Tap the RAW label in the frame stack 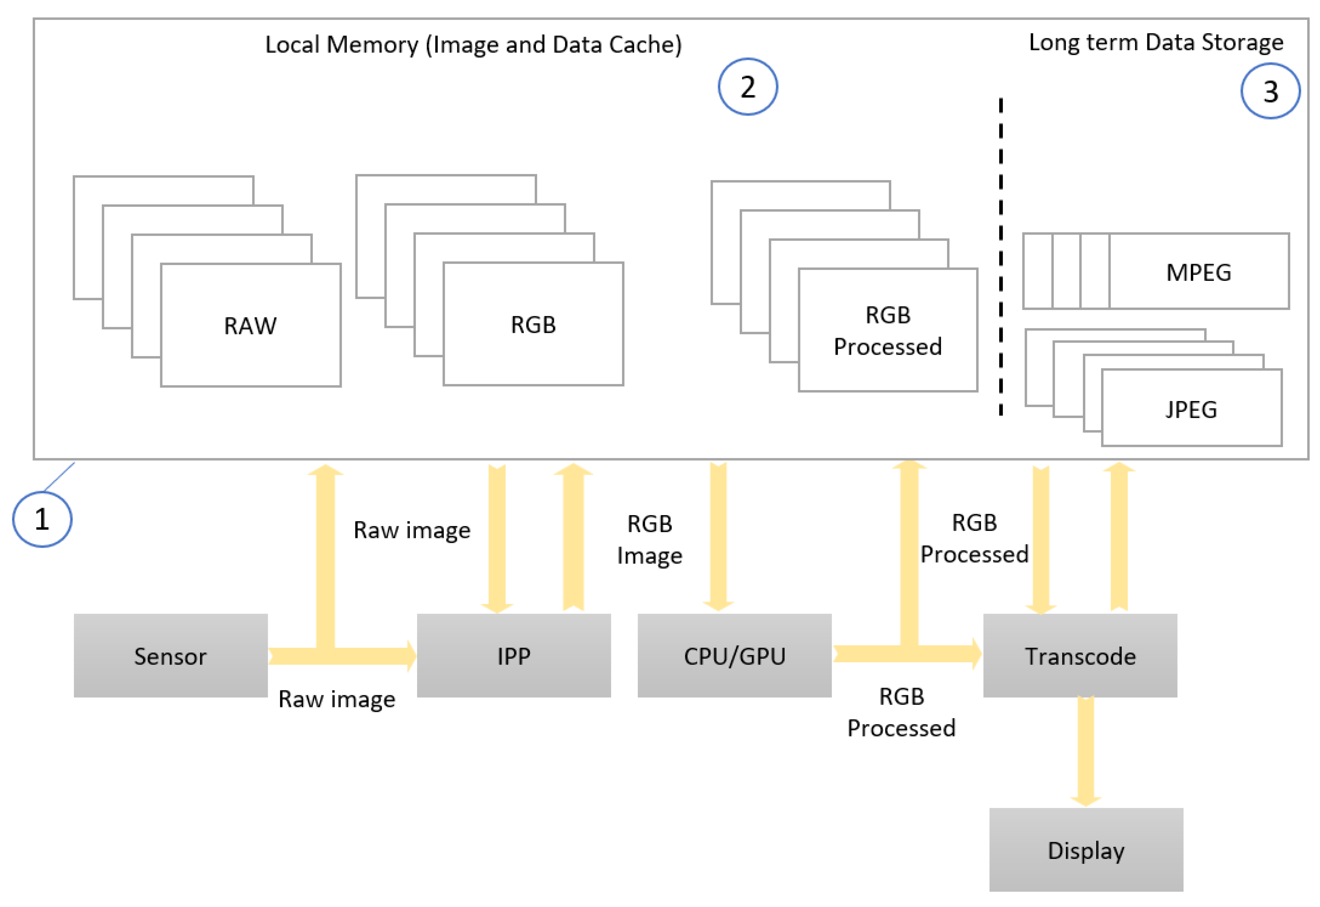251,326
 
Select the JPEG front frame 1191,409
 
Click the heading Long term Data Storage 1156,43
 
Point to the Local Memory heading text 473,44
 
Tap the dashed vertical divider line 1001,256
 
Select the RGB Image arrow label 649,539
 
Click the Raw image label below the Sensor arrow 336,699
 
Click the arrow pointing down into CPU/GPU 718,537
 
